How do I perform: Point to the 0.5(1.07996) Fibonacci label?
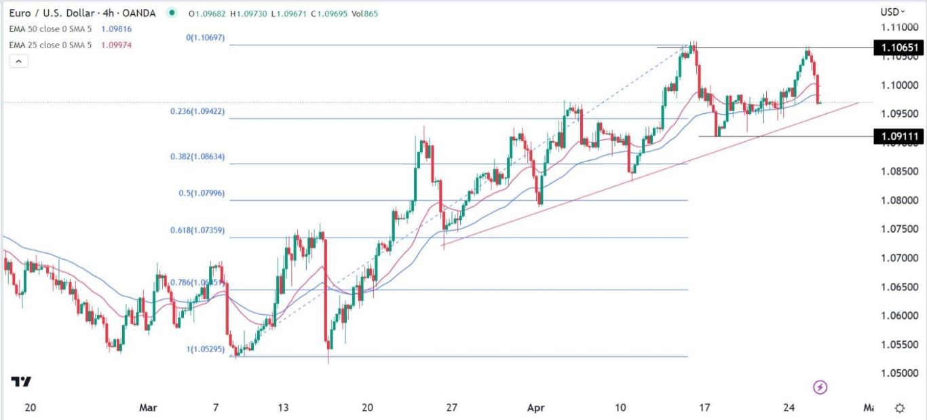tap(201, 193)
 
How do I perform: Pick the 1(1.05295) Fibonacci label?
tap(206, 349)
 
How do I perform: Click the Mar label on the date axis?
tap(148, 408)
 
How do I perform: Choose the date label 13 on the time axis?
tap(283, 408)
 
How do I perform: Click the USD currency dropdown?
tap(892, 12)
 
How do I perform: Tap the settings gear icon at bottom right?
tap(900, 408)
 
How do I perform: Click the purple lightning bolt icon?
tap(820, 387)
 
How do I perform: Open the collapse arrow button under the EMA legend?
tap(19, 61)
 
